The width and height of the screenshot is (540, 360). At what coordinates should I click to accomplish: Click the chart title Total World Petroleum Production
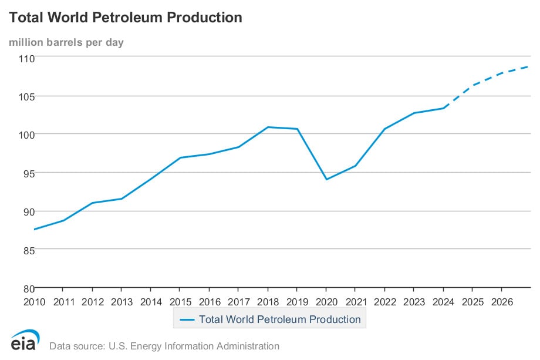[x=125, y=18]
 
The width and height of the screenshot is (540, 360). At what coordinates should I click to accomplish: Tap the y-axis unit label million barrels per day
[x=66, y=42]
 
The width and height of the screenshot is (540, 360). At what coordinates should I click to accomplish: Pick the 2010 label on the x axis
[x=34, y=302]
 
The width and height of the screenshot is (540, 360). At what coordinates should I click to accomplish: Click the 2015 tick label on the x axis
[x=180, y=302]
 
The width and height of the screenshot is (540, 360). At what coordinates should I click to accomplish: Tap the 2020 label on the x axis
[x=326, y=302]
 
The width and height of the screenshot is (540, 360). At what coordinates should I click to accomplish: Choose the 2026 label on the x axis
[x=501, y=302]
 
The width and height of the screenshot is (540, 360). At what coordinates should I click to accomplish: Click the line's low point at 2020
[x=326, y=179]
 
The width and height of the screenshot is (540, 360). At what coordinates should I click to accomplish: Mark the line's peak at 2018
[x=268, y=127]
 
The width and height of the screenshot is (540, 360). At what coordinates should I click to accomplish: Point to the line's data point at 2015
[x=180, y=157]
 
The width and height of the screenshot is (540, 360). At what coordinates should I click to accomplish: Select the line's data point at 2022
[x=384, y=129]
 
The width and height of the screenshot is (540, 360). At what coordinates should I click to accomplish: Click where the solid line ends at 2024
[x=443, y=108]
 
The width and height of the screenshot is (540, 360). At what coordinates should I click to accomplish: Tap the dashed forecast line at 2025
[x=472, y=86]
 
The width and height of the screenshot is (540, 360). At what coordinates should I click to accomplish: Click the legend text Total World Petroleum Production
[x=280, y=319]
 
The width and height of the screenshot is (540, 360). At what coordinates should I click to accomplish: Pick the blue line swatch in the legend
[x=187, y=319]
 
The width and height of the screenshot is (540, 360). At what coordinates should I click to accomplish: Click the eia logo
[x=25, y=341]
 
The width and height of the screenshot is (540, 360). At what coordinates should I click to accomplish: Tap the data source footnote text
[x=164, y=346]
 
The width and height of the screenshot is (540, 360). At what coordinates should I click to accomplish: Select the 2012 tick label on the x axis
[x=92, y=302]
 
